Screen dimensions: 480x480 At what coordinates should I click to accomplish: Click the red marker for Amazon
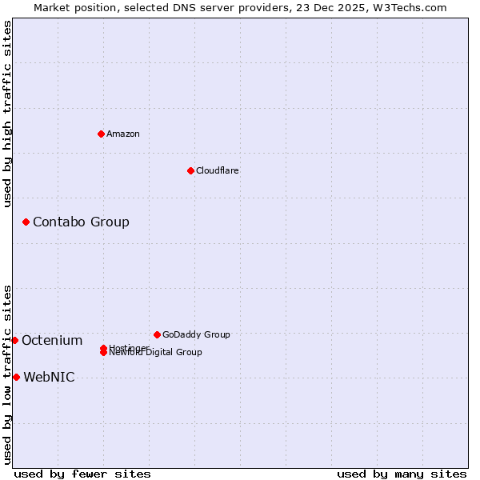click(x=101, y=134)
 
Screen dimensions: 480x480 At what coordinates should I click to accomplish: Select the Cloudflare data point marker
click(x=190, y=170)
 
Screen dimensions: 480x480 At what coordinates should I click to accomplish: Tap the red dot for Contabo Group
click(x=26, y=222)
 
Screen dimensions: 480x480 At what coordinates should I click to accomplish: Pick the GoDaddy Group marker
click(x=157, y=334)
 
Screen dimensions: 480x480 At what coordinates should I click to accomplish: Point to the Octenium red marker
click(x=14, y=340)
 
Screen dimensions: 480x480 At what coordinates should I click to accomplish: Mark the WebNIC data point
click(x=16, y=377)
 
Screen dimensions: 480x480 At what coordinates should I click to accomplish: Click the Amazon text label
click(x=122, y=134)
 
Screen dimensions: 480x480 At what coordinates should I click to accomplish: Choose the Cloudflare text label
click(x=217, y=170)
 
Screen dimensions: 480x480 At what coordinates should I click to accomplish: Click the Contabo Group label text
click(x=81, y=222)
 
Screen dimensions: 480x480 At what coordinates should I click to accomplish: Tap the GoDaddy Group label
click(x=196, y=334)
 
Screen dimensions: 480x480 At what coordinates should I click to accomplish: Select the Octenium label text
click(x=52, y=340)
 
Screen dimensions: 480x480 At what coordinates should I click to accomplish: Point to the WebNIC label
click(x=49, y=377)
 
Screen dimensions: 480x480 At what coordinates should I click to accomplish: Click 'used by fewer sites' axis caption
click(x=82, y=474)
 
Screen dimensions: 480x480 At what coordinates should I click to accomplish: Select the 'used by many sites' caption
click(x=402, y=474)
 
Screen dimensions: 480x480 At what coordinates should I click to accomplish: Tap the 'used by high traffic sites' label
click(x=7, y=114)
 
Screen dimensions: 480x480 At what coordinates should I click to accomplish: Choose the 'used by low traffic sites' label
click(x=7, y=374)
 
